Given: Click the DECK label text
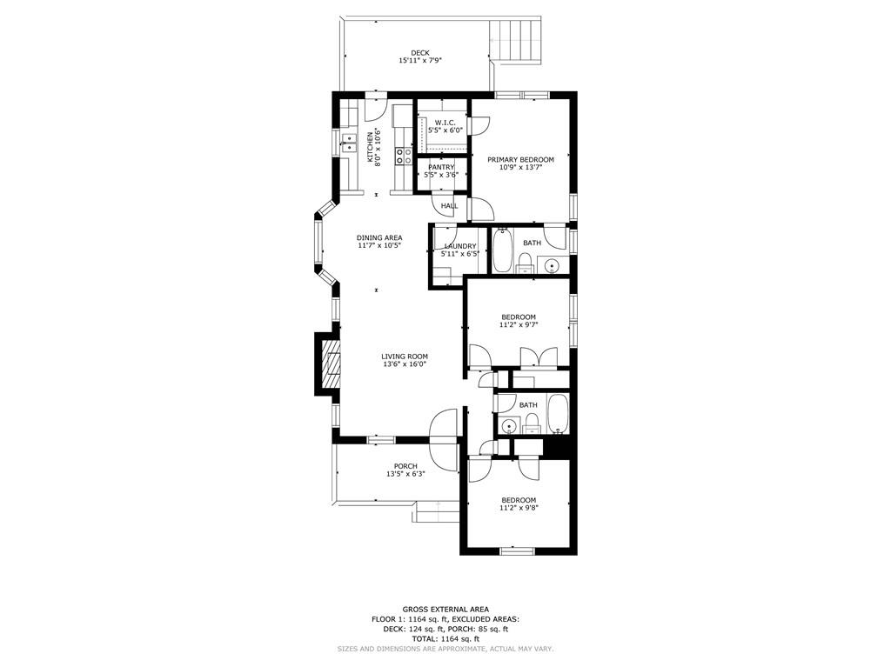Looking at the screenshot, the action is (420, 53).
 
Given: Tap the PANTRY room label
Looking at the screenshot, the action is (441, 167).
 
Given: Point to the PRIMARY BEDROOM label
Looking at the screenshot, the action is (520, 160).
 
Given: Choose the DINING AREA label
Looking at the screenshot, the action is (379, 237).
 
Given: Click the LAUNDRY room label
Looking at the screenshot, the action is (460, 246).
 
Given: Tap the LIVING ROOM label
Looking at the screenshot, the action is (405, 357).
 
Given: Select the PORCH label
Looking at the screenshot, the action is (405, 466).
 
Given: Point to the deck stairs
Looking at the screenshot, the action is (515, 41).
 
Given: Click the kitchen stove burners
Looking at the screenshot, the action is (404, 156).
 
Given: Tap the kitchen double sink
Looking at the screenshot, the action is (349, 143).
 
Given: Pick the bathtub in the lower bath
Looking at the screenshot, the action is (558, 414).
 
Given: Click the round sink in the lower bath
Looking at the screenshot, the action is (510, 425).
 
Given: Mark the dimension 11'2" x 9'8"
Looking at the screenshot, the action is (519, 508).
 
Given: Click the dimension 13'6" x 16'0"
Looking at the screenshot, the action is (405, 364).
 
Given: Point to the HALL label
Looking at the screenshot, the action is (450, 206).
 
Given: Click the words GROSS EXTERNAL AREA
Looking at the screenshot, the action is (445, 610).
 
